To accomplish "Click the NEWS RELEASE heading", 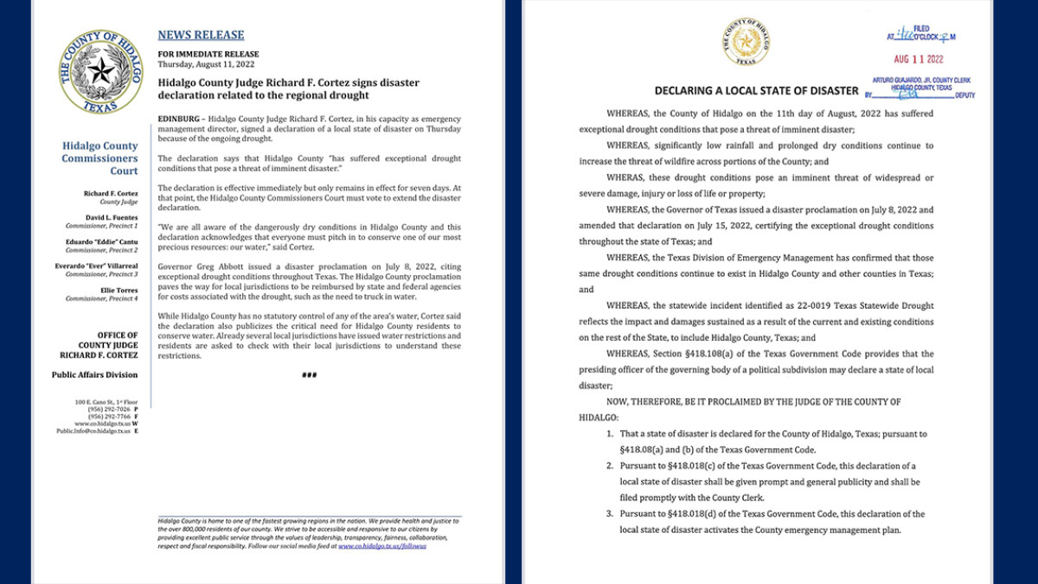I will pos(201,35).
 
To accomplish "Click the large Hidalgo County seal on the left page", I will pos(102,72).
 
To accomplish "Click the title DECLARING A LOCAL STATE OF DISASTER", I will pos(756,91).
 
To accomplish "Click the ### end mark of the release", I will pos(309,375).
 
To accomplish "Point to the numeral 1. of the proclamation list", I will pos(611,433).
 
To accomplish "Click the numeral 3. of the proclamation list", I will pos(611,514).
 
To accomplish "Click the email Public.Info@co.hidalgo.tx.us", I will pos(93,430).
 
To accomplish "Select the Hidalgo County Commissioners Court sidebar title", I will pos(99,158).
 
